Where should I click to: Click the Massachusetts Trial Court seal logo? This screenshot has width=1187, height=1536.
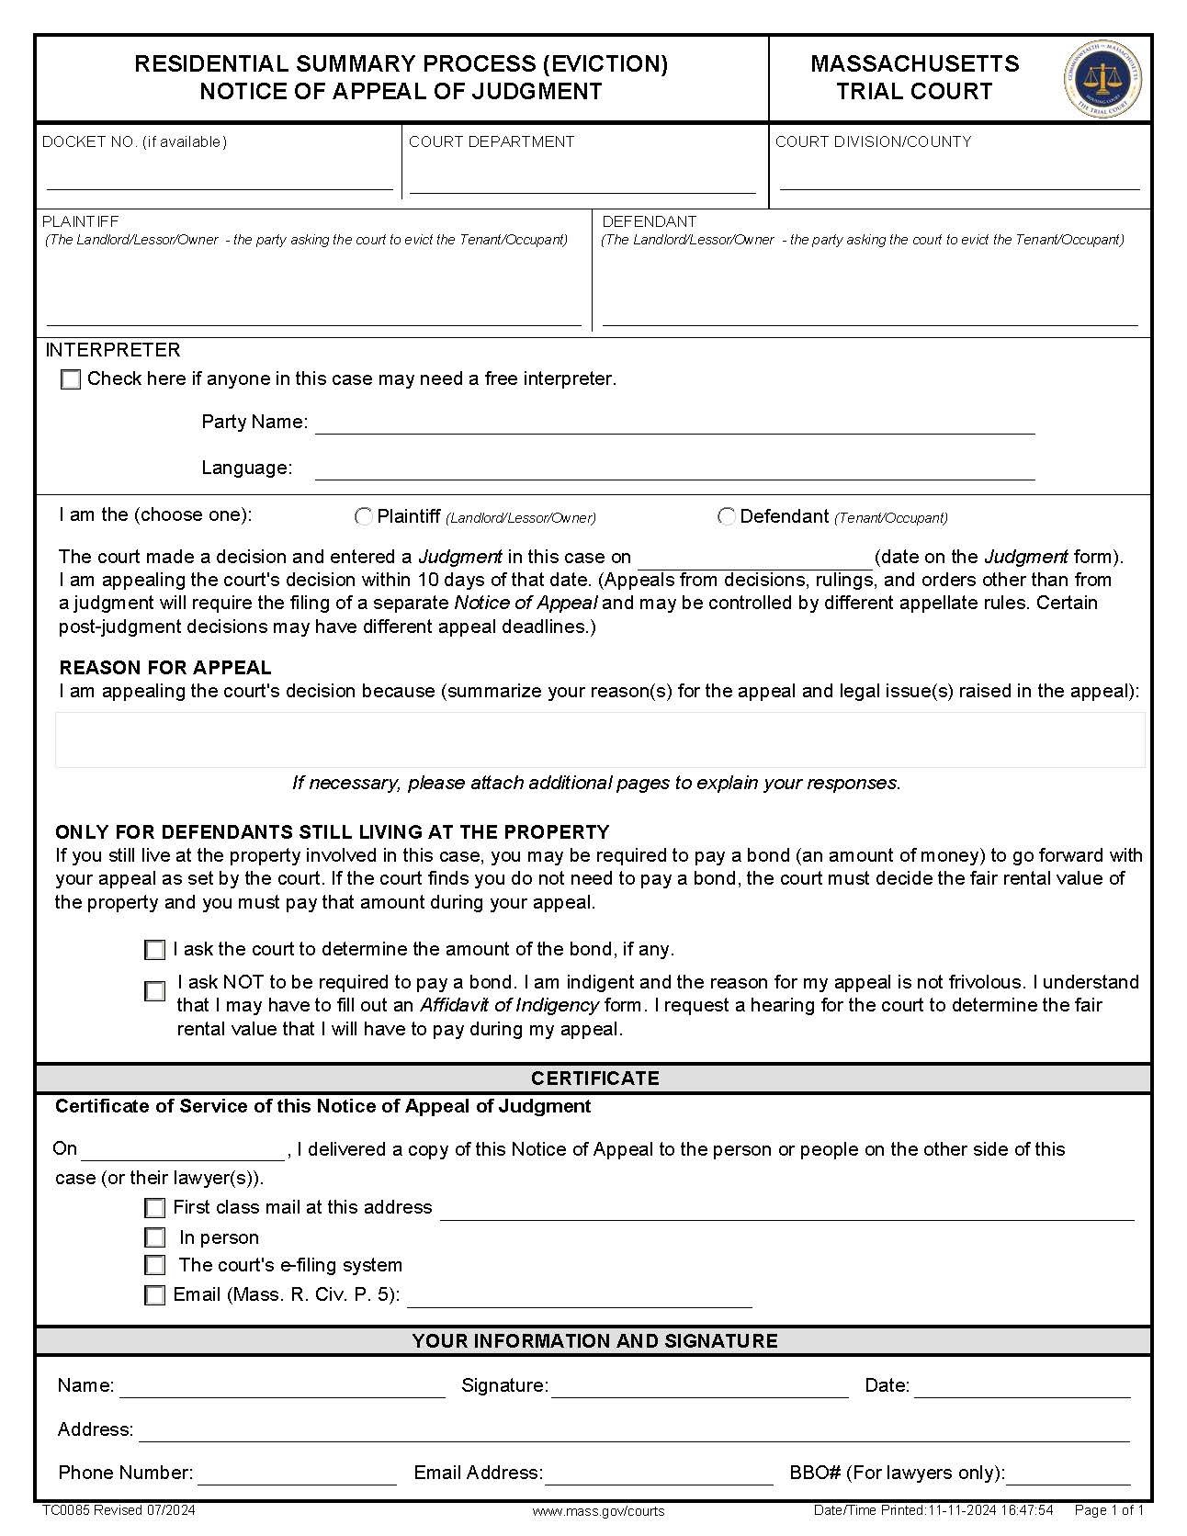pos(1102,79)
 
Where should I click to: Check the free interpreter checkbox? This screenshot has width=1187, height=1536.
pos(71,379)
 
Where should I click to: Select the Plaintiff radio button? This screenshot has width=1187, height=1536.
pos(364,517)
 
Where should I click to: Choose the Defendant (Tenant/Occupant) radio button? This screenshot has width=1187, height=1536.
pos(726,517)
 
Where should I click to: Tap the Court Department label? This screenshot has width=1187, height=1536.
pos(491,141)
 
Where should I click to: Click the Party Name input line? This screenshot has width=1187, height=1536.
pos(674,424)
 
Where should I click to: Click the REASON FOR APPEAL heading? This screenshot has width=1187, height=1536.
pos(165,668)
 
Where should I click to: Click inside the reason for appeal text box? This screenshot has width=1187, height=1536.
pos(599,740)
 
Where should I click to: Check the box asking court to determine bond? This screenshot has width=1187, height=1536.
pos(155,950)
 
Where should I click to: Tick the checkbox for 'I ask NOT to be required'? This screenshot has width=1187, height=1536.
pos(155,991)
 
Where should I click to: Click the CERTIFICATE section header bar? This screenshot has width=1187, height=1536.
pos(593,1079)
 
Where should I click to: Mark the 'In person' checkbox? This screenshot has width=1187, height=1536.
pos(155,1237)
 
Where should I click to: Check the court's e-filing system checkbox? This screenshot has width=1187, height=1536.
pos(155,1266)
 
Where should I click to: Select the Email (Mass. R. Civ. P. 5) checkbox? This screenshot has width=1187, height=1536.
pos(155,1295)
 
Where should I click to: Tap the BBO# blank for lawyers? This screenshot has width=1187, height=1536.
pos(1068,1474)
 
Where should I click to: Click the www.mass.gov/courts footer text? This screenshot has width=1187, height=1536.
pos(598,1511)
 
